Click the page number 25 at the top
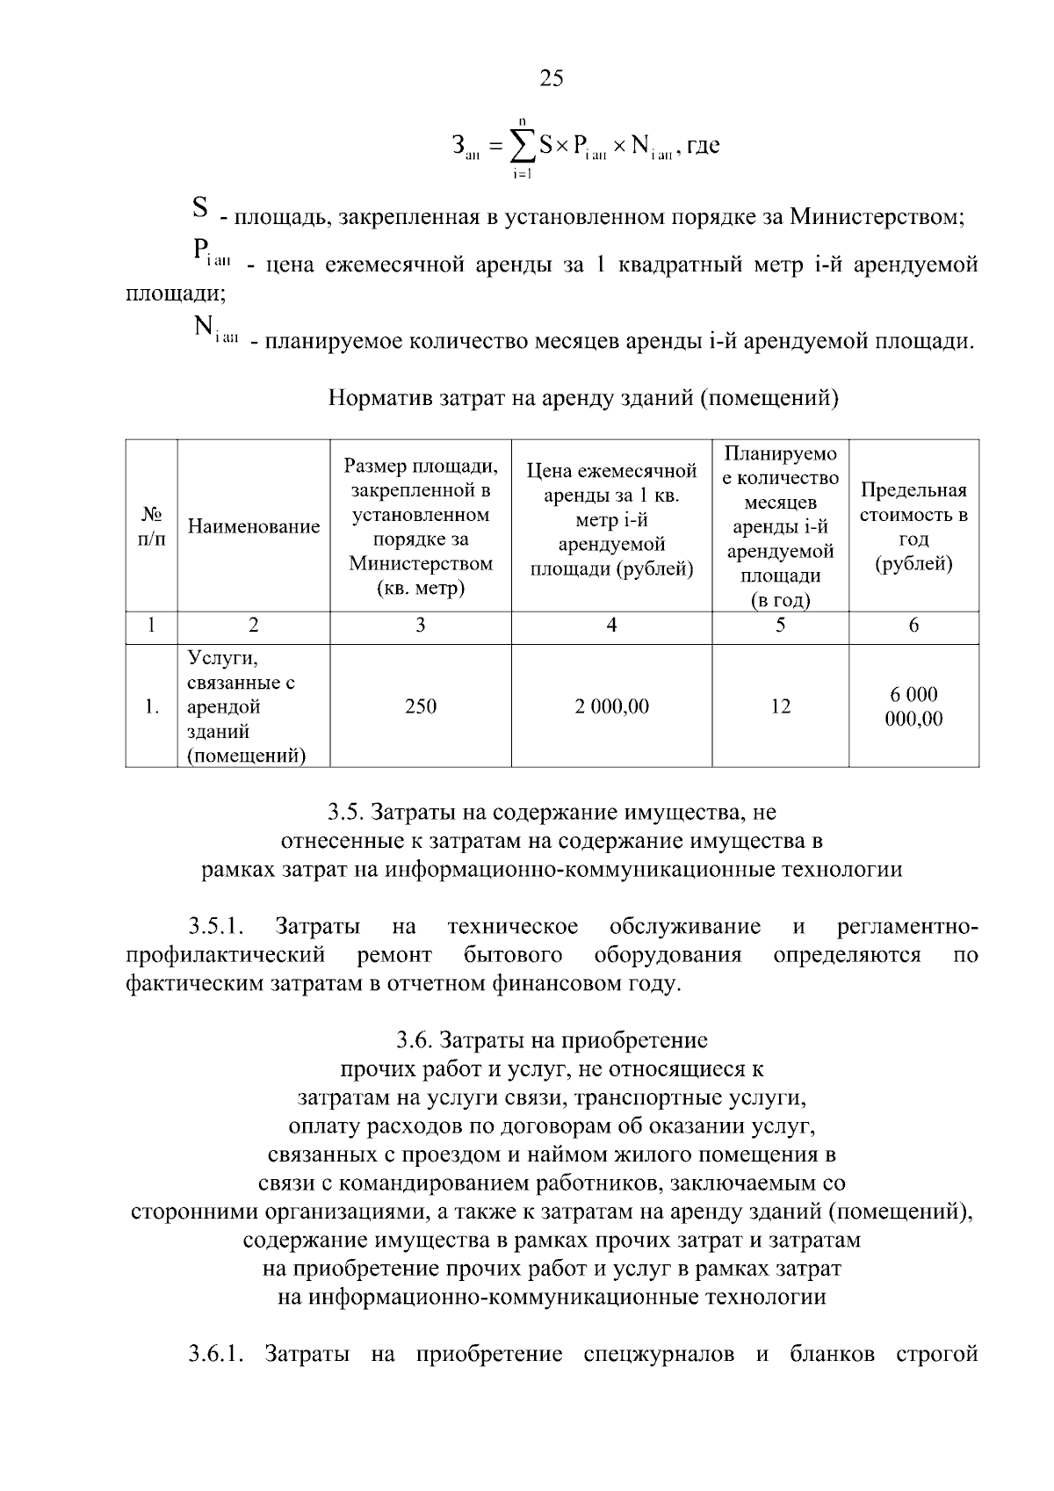point(551,79)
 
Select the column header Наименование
point(254,526)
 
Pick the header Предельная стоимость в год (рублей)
point(913,526)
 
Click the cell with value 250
point(421,706)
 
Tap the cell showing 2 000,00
point(611,706)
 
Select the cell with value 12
point(780,706)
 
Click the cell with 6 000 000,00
point(913,706)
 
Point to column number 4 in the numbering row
point(611,626)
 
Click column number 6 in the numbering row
point(913,626)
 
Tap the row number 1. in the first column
point(151,706)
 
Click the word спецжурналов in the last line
point(659,1354)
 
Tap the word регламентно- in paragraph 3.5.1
point(907,927)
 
